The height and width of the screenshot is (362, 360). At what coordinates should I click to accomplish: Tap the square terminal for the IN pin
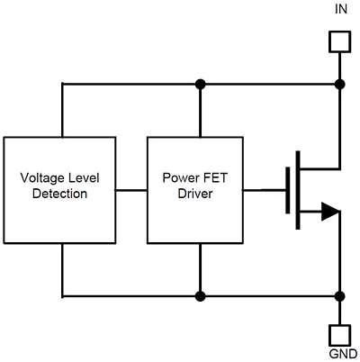(339, 41)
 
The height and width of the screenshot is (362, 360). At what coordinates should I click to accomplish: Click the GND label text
(340, 354)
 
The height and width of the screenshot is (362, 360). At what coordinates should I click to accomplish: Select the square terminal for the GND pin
(339, 332)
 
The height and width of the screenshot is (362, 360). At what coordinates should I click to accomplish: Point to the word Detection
(61, 193)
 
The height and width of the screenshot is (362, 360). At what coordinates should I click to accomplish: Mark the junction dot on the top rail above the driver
(200, 85)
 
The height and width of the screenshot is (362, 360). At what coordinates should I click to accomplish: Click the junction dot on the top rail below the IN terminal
(339, 85)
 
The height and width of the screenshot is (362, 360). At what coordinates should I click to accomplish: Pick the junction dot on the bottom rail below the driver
(200, 294)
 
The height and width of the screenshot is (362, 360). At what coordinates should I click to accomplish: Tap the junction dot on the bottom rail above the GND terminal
(339, 294)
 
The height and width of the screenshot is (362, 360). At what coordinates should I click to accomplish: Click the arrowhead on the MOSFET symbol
(329, 212)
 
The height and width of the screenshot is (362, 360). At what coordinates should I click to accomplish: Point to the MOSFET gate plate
(288, 190)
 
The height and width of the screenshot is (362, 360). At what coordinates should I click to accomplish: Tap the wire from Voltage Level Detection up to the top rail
(61, 110)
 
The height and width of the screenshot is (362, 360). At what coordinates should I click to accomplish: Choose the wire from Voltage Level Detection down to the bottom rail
(61, 269)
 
